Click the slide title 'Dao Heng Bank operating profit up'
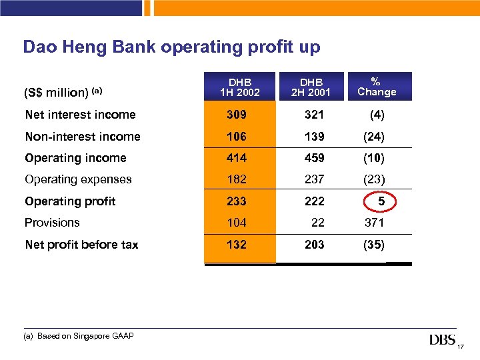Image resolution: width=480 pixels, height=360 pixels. pos(171,47)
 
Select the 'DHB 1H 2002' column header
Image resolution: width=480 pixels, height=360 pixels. pos(239,86)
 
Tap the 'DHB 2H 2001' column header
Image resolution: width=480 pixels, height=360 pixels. pos(310,86)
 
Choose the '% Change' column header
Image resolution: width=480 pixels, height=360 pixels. pos(377,86)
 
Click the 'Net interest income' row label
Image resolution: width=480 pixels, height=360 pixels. pos(80,115)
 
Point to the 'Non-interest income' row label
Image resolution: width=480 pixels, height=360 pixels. pos(83,137)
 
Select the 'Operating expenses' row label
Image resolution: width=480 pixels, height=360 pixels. pos(78,179)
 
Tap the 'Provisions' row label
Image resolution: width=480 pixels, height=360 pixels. pos(52,223)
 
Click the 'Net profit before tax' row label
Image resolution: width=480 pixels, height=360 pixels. pos(81,245)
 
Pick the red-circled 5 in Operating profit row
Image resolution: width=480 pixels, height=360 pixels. pos(381,201)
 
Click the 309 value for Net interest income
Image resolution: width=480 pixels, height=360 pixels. pos(236,115)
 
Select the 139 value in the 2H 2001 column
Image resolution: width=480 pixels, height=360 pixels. pos(314,137)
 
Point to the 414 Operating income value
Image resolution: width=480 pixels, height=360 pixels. pos(236,158)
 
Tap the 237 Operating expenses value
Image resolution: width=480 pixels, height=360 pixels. pos(314,179)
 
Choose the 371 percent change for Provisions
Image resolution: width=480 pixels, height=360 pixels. pos(373,223)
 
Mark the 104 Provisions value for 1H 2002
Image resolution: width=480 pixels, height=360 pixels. pos(236,223)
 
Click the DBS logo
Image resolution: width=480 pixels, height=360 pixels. pos(443,341)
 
